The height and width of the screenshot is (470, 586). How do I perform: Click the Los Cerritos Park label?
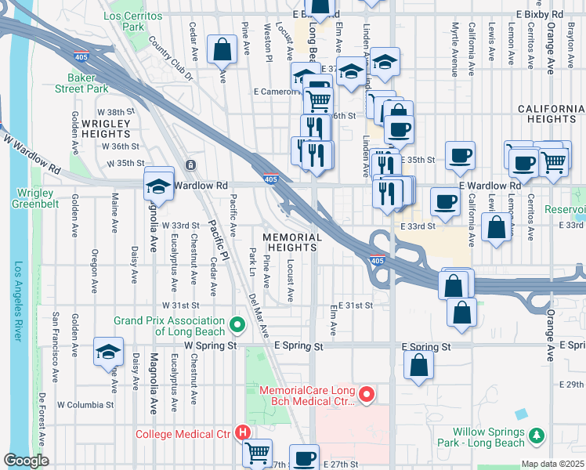125,21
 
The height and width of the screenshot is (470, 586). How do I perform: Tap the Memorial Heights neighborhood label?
292,242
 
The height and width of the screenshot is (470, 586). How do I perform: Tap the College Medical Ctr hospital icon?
243,432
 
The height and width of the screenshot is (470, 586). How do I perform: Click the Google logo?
27,461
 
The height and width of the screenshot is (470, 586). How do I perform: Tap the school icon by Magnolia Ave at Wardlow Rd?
159,186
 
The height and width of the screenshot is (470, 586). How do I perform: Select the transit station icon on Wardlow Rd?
190,165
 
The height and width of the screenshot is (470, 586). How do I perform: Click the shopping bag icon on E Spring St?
420,363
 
